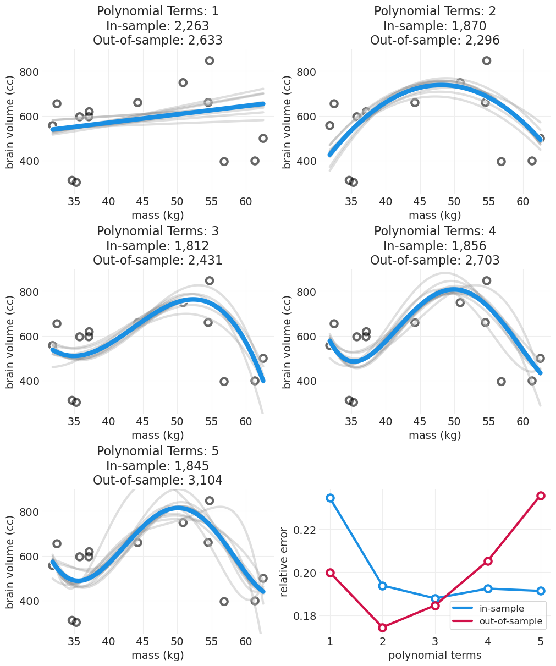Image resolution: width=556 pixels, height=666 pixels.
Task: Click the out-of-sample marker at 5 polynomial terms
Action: pyautogui.click(x=541, y=496)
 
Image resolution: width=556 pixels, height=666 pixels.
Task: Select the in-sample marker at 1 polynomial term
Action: pyautogui.click(x=330, y=498)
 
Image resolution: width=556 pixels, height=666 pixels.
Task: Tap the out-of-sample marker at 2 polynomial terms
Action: pyautogui.click(x=383, y=628)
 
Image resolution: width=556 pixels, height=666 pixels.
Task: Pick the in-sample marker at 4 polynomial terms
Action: pyautogui.click(x=488, y=588)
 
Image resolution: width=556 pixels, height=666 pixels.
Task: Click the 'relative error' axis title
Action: pyautogui.click(x=284, y=562)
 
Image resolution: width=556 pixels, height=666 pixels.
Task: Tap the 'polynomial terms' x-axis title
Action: pyautogui.click(x=435, y=655)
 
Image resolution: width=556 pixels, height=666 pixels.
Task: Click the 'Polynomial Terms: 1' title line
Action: pyautogui.click(x=158, y=11)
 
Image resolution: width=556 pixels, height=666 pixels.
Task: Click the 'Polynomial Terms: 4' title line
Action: pyautogui.click(x=435, y=231)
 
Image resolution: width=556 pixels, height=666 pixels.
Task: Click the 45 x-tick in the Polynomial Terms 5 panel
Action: pyautogui.click(x=142, y=641)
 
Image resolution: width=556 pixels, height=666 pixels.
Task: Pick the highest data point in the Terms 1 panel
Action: pyautogui.click(x=210, y=60)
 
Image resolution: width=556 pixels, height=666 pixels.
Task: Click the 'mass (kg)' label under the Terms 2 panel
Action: pyautogui.click(x=435, y=215)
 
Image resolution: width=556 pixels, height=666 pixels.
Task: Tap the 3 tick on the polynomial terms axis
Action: pyautogui.click(x=435, y=641)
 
